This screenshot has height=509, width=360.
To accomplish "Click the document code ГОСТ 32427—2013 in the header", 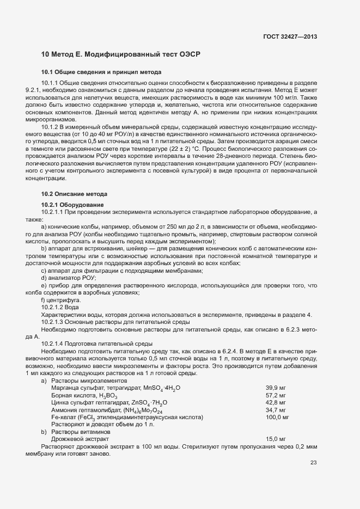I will point(290,36).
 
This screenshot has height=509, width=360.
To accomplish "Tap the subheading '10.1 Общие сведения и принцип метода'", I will point(101,72).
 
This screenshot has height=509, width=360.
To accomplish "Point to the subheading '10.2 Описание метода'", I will point(75,194).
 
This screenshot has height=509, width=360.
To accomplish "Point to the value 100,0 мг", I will point(277,417).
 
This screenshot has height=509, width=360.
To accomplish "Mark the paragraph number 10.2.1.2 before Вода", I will point(56,308).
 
